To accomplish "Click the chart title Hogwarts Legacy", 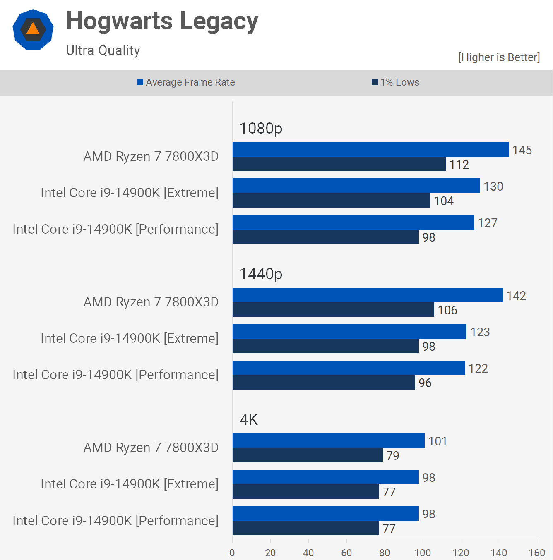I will pos(162,21).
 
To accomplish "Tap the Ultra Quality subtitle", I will pos(103,50).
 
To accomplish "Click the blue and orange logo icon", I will pos(33,29).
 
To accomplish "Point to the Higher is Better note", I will pos(499,57).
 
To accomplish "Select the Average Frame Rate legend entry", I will pos(186,82).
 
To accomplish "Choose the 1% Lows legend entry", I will pos(395,82).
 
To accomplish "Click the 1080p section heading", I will pos(261,128).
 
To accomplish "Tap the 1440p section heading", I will pos(261,274).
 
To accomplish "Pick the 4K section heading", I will pos(249,419).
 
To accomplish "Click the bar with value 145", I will pos(370,149).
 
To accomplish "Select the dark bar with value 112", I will pos(339,164).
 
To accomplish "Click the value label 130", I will pos(493,187).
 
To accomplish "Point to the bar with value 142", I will pos(368,295).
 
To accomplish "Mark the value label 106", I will pos(447,310).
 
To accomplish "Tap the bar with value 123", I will pos(349,331).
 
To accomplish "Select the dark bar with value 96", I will pos(324,383).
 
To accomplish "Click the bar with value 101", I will pos(329,440).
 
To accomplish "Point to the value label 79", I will pos(393,456).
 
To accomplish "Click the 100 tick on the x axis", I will pos(423,553).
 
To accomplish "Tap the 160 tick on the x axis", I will pos(537,553).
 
